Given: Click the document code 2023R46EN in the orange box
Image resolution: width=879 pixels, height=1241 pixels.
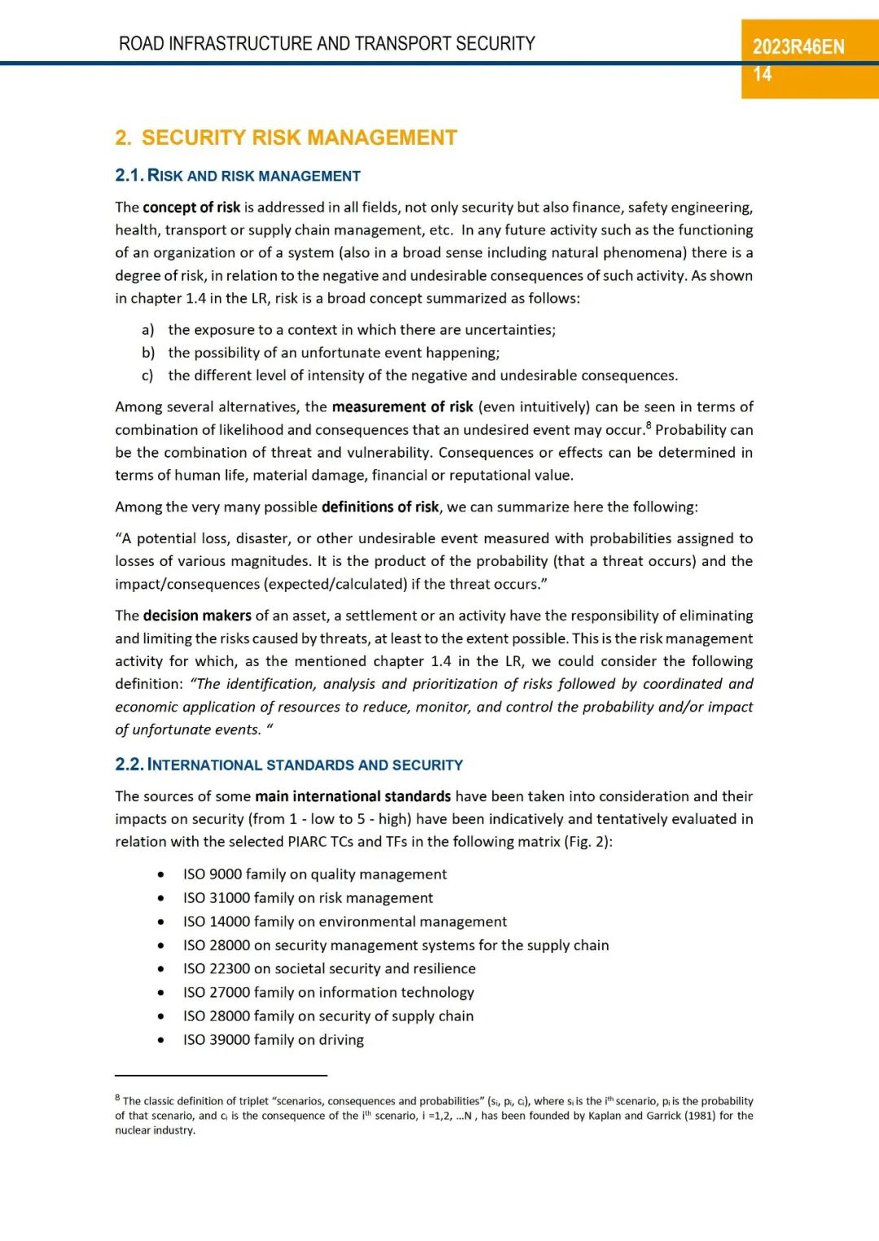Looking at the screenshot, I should (798, 47).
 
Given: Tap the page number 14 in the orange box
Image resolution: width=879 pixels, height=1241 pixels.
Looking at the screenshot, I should (762, 75).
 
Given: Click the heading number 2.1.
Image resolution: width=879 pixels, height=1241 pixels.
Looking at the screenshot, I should (129, 176).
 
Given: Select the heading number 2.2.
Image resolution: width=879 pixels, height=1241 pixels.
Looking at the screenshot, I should (129, 764).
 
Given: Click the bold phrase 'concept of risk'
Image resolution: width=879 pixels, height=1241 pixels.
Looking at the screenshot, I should (191, 207).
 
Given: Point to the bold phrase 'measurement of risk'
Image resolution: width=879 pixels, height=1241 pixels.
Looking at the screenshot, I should (402, 407).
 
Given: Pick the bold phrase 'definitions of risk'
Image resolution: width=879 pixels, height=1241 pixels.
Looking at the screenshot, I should (380, 507).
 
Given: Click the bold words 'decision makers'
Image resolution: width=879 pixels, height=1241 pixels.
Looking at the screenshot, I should (197, 616).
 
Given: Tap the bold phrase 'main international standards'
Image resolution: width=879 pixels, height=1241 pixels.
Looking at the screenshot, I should (352, 796).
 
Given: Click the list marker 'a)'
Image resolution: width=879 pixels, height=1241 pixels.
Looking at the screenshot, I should (147, 330).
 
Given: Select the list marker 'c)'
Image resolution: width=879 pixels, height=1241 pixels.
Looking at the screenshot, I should (147, 376).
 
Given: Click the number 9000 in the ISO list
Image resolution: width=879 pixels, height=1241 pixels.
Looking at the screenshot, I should (225, 874).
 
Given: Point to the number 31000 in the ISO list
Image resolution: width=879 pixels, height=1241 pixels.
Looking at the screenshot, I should (230, 898).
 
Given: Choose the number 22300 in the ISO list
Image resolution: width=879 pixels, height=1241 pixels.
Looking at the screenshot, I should (230, 969).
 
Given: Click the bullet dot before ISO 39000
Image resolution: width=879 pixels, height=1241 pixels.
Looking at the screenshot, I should (161, 1040).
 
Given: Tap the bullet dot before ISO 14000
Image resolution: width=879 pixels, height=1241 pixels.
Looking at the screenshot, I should (161, 922).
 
